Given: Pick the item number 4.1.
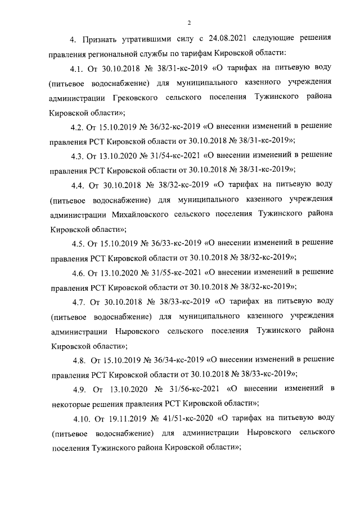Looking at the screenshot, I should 77,68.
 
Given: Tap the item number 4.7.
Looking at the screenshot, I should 79,301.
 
